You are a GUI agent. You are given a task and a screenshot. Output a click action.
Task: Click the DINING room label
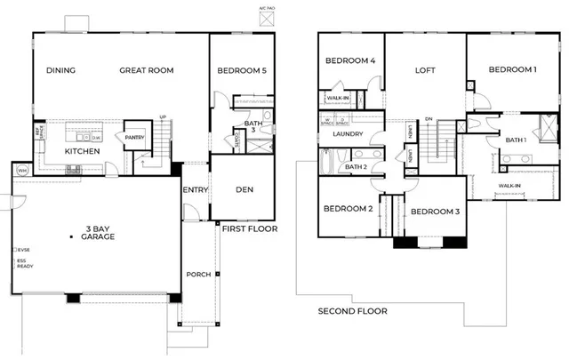[x=60, y=70]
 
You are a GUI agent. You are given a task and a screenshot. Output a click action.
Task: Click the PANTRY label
[x=134, y=138]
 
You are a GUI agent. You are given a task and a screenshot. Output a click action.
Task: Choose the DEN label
[x=244, y=189]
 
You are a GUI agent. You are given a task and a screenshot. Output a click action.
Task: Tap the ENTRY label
[x=196, y=190]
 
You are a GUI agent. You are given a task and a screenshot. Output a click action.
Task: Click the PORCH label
[x=199, y=275]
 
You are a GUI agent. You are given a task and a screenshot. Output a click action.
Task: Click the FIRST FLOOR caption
[x=250, y=229]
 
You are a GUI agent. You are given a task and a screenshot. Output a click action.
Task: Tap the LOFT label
[x=425, y=70]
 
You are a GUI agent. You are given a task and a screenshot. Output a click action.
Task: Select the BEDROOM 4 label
[x=351, y=61]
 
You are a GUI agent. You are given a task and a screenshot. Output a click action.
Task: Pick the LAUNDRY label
[x=338, y=135]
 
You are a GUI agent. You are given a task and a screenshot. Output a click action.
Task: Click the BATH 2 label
[x=357, y=166]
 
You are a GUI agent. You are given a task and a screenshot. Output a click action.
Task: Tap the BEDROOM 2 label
[x=349, y=210]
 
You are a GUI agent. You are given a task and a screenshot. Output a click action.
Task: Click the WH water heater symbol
[x=22, y=170]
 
